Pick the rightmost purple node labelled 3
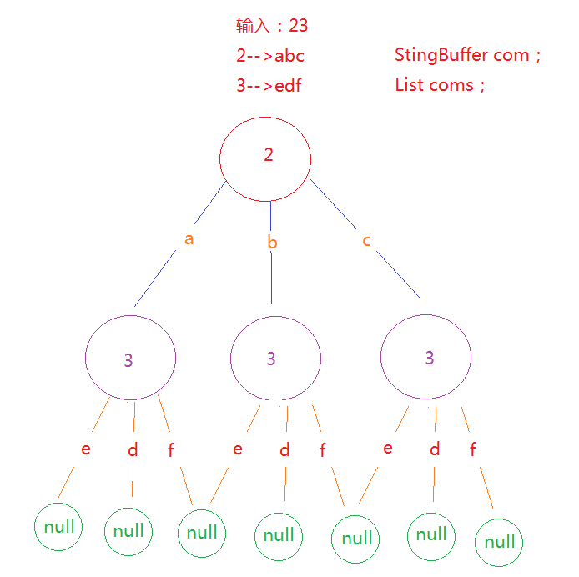coord(425,358)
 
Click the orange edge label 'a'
coord(189,239)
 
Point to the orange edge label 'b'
coord(272,243)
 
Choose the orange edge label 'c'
coord(366,241)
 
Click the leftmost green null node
coord(58,526)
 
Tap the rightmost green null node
coord(500,542)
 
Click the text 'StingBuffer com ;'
coord(468,56)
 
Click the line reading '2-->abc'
coord(269,56)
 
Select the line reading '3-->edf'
coord(268,85)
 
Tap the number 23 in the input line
coord(298,26)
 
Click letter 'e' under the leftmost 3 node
coord(86,449)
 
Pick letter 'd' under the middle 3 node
coord(284,450)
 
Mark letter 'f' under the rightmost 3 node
coord(473,450)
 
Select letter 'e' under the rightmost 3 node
coord(387,449)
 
